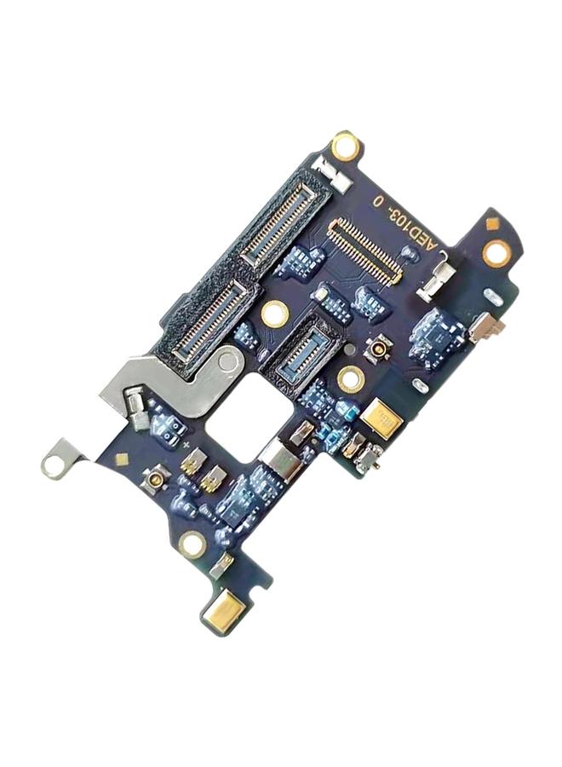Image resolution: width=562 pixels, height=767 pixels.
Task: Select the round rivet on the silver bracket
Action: point(227,361)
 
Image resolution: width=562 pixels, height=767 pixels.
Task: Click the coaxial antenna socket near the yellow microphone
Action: point(376,348)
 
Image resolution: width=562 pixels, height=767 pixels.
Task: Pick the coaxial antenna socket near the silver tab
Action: point(155,482)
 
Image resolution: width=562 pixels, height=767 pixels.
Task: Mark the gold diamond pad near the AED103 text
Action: point(491,223)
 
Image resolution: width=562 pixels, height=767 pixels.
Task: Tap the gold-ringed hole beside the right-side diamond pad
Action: point(496,252)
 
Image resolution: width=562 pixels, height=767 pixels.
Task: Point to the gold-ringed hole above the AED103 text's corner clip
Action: point(345,146)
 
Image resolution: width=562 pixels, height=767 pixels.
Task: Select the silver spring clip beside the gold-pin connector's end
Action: point(440,282)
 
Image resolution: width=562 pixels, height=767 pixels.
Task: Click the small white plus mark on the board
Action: point(186,445)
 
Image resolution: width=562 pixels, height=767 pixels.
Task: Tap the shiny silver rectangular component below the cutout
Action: point(282,461)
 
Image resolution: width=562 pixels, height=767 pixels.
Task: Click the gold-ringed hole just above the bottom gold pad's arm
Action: point(192,544)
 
